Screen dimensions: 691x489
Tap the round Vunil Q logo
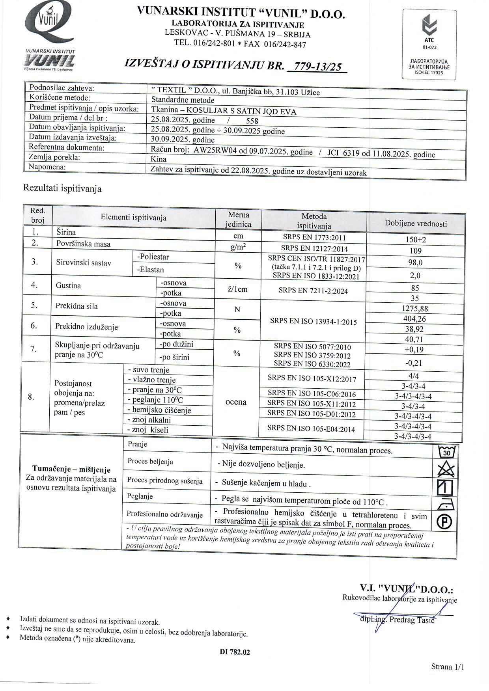(48, 24)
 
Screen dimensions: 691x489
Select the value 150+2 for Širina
(416, 240)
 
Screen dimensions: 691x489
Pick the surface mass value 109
(416, 251)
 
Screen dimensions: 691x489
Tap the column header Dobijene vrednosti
(416, 224)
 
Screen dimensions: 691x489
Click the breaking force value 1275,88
(414, 309)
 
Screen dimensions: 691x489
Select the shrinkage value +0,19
(414, 350)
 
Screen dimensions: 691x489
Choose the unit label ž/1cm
(237, 289)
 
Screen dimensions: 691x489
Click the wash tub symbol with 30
(446, 451)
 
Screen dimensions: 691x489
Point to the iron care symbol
(446, 504)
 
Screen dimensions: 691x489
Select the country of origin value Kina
(159, 159)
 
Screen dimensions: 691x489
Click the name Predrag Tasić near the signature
(412, 620)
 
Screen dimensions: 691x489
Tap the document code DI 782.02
(235, 652)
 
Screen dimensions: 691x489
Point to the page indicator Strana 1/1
(447, 667)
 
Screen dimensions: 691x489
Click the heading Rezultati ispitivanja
(62, 188)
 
